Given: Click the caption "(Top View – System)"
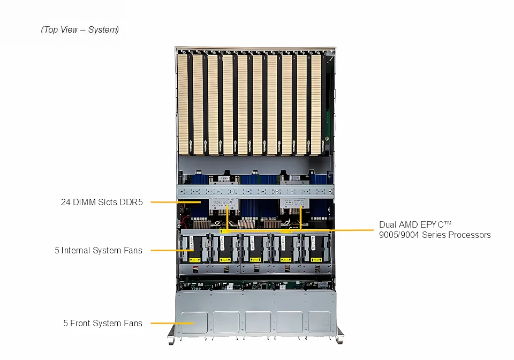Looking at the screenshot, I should click(80, 30).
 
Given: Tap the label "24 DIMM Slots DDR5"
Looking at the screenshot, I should click(102, 202).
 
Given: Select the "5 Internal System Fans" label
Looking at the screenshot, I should click(99, 250).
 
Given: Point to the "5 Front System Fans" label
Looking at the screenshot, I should click(103, 323).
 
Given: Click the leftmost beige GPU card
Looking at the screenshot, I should click(184, 102).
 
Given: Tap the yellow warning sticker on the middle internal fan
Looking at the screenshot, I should click(256, 259).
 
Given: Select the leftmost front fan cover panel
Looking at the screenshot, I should click(194, 321).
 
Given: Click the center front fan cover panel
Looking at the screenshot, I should click(258, 321).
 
